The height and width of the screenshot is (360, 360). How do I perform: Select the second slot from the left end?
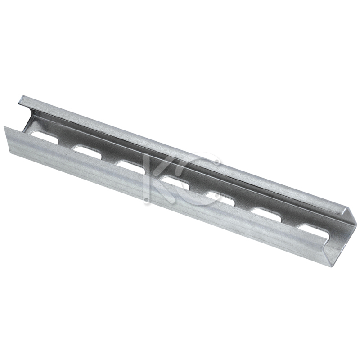(x=88, y=152)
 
